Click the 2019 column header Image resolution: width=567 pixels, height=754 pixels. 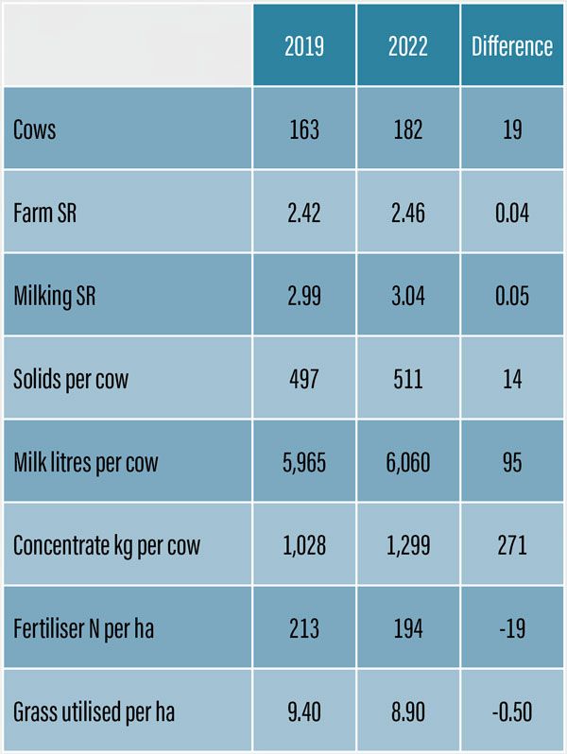click(304, 46)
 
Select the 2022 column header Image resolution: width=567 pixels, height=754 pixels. click(408, 46)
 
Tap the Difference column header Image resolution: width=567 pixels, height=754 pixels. click(512, 46)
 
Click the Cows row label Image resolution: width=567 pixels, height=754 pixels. click(35, 129)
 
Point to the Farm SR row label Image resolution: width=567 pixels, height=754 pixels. click(45, 213)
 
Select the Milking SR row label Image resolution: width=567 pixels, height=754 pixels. click(55, 296)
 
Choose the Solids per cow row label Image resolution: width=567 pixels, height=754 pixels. click(71, 379)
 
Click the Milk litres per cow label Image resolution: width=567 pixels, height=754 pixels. click(86, 462)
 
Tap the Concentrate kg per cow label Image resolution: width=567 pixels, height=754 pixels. click(107, 545)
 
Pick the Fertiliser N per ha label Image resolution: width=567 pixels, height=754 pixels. click(84, 628)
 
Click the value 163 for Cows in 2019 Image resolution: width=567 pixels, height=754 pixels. click(304, 129)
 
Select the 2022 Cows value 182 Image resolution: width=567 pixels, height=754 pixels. click(408, 129)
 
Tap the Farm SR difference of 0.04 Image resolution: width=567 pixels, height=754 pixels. click(512, 213)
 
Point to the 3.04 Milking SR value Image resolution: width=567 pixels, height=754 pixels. click(408, 296)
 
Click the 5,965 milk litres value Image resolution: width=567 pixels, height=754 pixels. click(304, 462)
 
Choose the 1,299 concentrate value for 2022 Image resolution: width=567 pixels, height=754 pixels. click(408, 545)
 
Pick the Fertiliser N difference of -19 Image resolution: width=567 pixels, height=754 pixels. click(512, 628)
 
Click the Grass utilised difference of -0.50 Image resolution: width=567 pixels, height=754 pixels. click(512, 711)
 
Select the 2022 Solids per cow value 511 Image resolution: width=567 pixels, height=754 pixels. click(408, 379)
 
